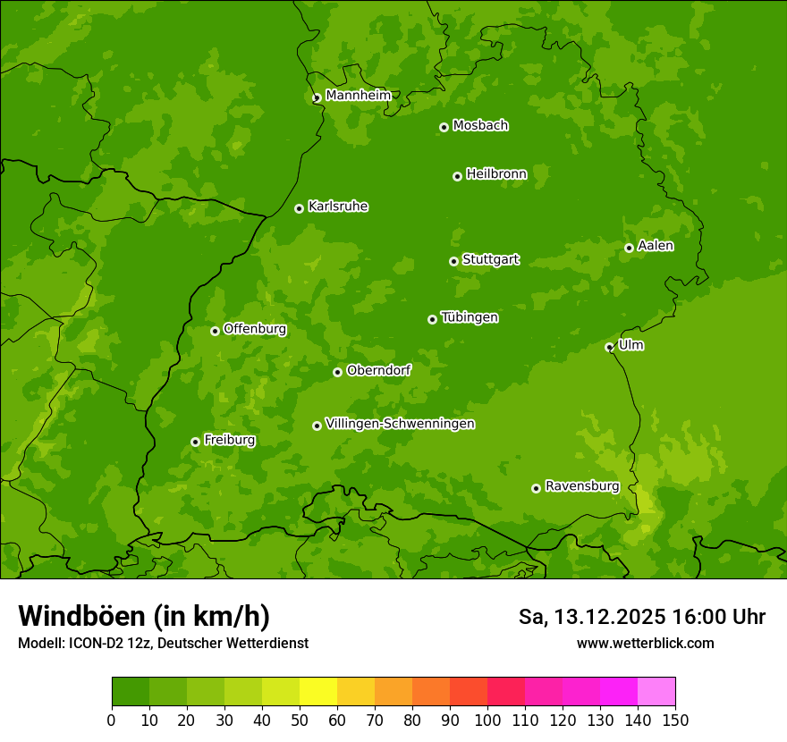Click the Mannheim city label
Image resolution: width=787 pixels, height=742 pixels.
coord(358,96)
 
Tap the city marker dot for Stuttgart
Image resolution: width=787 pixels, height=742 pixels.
coord(453,261)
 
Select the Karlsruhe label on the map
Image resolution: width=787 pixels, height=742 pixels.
coord(338,207)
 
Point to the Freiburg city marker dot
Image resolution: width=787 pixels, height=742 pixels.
coord(195,442)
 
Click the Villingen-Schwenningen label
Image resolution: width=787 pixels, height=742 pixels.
coord(400,424)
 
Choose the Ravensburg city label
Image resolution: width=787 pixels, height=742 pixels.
coord(582,486)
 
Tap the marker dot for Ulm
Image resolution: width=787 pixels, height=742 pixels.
coord(609,347)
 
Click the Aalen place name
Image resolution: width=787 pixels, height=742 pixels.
coord(656,246)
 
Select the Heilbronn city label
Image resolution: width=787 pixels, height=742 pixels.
coord(496,174)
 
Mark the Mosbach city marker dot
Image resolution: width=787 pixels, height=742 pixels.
coord(444,127)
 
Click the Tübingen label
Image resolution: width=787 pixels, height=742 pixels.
coord(470,317)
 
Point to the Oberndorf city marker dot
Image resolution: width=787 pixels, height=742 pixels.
coord(337,372)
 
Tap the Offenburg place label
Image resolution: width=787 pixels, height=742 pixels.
coord(255,329)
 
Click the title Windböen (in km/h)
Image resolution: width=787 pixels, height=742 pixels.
coord(144,616)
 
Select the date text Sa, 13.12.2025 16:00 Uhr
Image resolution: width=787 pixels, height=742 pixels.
coord(641,617)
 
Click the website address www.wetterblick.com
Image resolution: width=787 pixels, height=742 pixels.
coord(645,643)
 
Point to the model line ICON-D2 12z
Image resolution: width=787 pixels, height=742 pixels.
coord(163,643)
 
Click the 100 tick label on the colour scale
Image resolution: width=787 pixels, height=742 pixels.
coord(487,720)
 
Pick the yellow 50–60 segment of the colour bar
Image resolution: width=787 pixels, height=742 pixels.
coord(318,692)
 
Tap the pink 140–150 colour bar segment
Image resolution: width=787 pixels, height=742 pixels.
coord(656,692)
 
